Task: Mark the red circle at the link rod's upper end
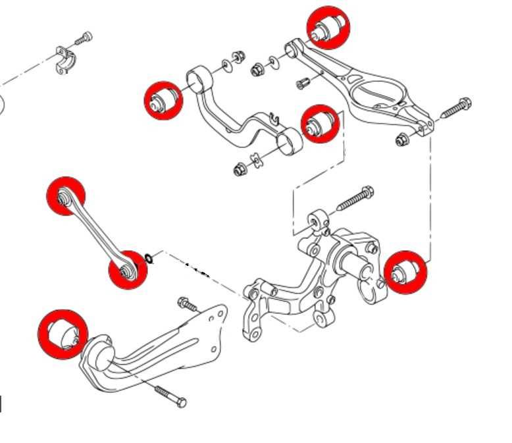(66, 196)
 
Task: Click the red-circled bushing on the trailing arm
(63, 334)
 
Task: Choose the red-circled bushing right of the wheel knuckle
(405, 272)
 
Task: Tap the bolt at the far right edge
(455, 107)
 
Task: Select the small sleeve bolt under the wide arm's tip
(303, 83)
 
